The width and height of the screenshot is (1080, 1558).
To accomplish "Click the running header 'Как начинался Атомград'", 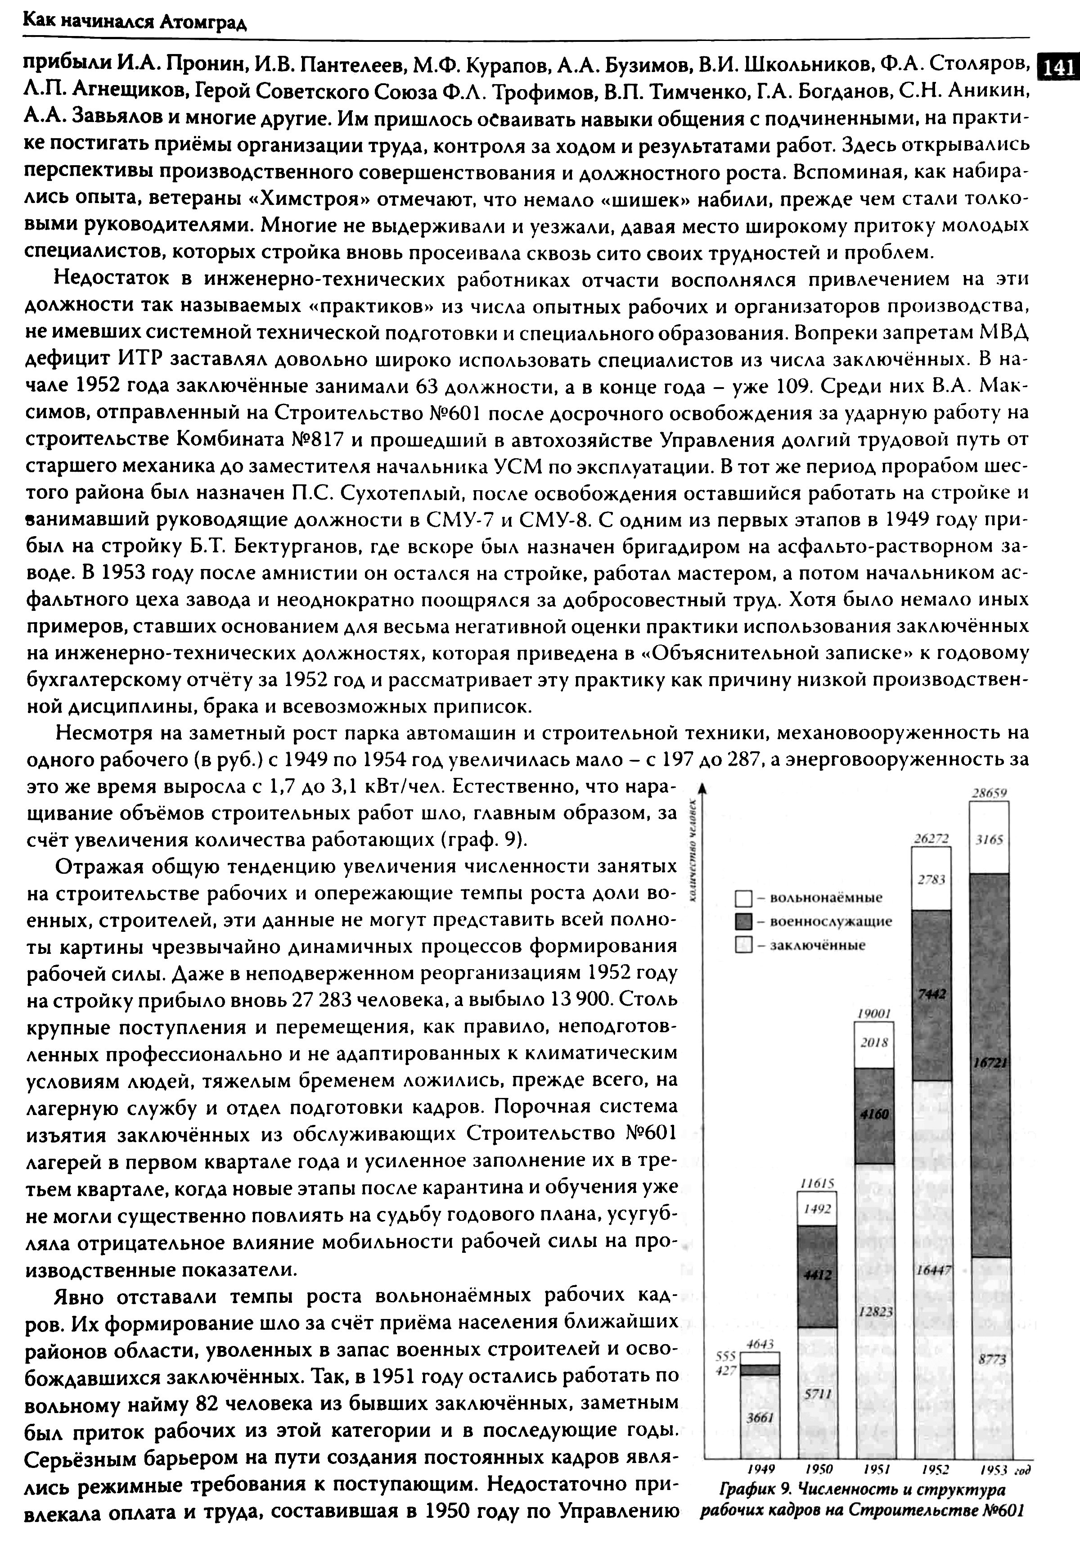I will click(x=135, y=23).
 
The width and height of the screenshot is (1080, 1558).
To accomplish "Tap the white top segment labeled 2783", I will click(x=931, y=879).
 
